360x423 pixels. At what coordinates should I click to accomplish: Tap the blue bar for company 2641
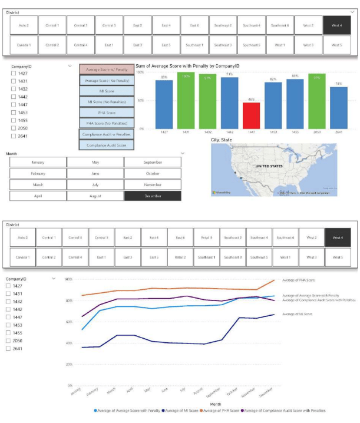[x=339, y=108]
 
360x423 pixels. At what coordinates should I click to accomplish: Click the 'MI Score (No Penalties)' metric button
[x=107, y=102]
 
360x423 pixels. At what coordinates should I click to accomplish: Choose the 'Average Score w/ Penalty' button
[x=107, y=70]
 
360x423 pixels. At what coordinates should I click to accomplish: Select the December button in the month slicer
[x=153, y=196]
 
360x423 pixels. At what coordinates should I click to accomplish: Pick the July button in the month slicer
[x=95, y=184]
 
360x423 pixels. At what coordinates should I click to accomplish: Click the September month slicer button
[x=153, y=163]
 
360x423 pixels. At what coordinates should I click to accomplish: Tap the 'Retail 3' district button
[x=206, y=237]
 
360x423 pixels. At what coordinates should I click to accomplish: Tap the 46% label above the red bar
[x=251, y=100]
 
